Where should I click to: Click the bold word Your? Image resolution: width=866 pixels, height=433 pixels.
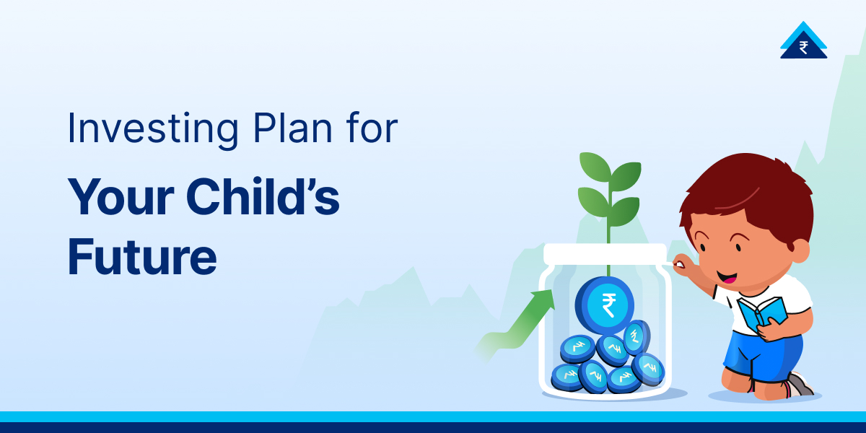tap(118, 197)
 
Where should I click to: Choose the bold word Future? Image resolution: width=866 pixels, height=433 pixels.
tap(142, 258)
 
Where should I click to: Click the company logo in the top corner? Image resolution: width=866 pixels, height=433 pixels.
tap(803, 41)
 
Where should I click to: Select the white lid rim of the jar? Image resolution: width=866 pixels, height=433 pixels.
tap(605, 253)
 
